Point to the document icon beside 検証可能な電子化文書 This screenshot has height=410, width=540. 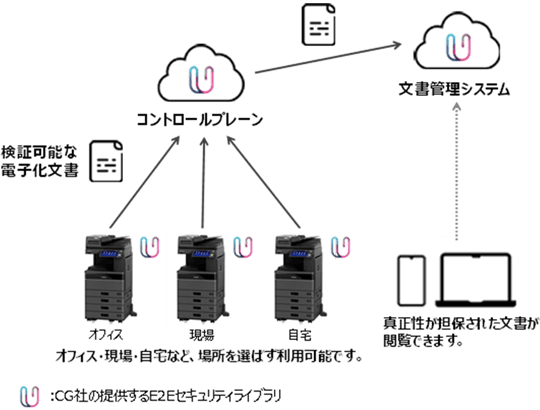[107, 161]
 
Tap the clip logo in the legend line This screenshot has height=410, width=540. [27, 394]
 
